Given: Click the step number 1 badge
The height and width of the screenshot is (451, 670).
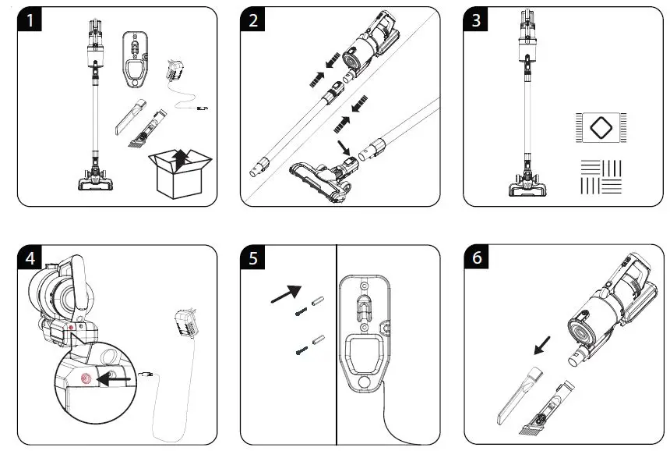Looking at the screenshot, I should (x=30, y=21).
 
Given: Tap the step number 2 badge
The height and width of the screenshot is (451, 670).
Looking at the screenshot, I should (x=254, y=21).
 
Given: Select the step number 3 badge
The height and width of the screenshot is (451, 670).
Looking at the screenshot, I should (x=477, y=21).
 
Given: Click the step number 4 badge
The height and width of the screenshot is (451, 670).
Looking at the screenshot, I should (x=30, y=259).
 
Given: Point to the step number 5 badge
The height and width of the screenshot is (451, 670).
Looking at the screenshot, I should (x=254, y=259).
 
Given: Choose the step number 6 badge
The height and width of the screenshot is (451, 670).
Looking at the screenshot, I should (x=477, y=259).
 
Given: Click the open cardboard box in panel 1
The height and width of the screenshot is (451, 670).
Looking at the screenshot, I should (x=179, y=173).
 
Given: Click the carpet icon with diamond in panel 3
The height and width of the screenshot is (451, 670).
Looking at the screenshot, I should (x=601, y=127).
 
